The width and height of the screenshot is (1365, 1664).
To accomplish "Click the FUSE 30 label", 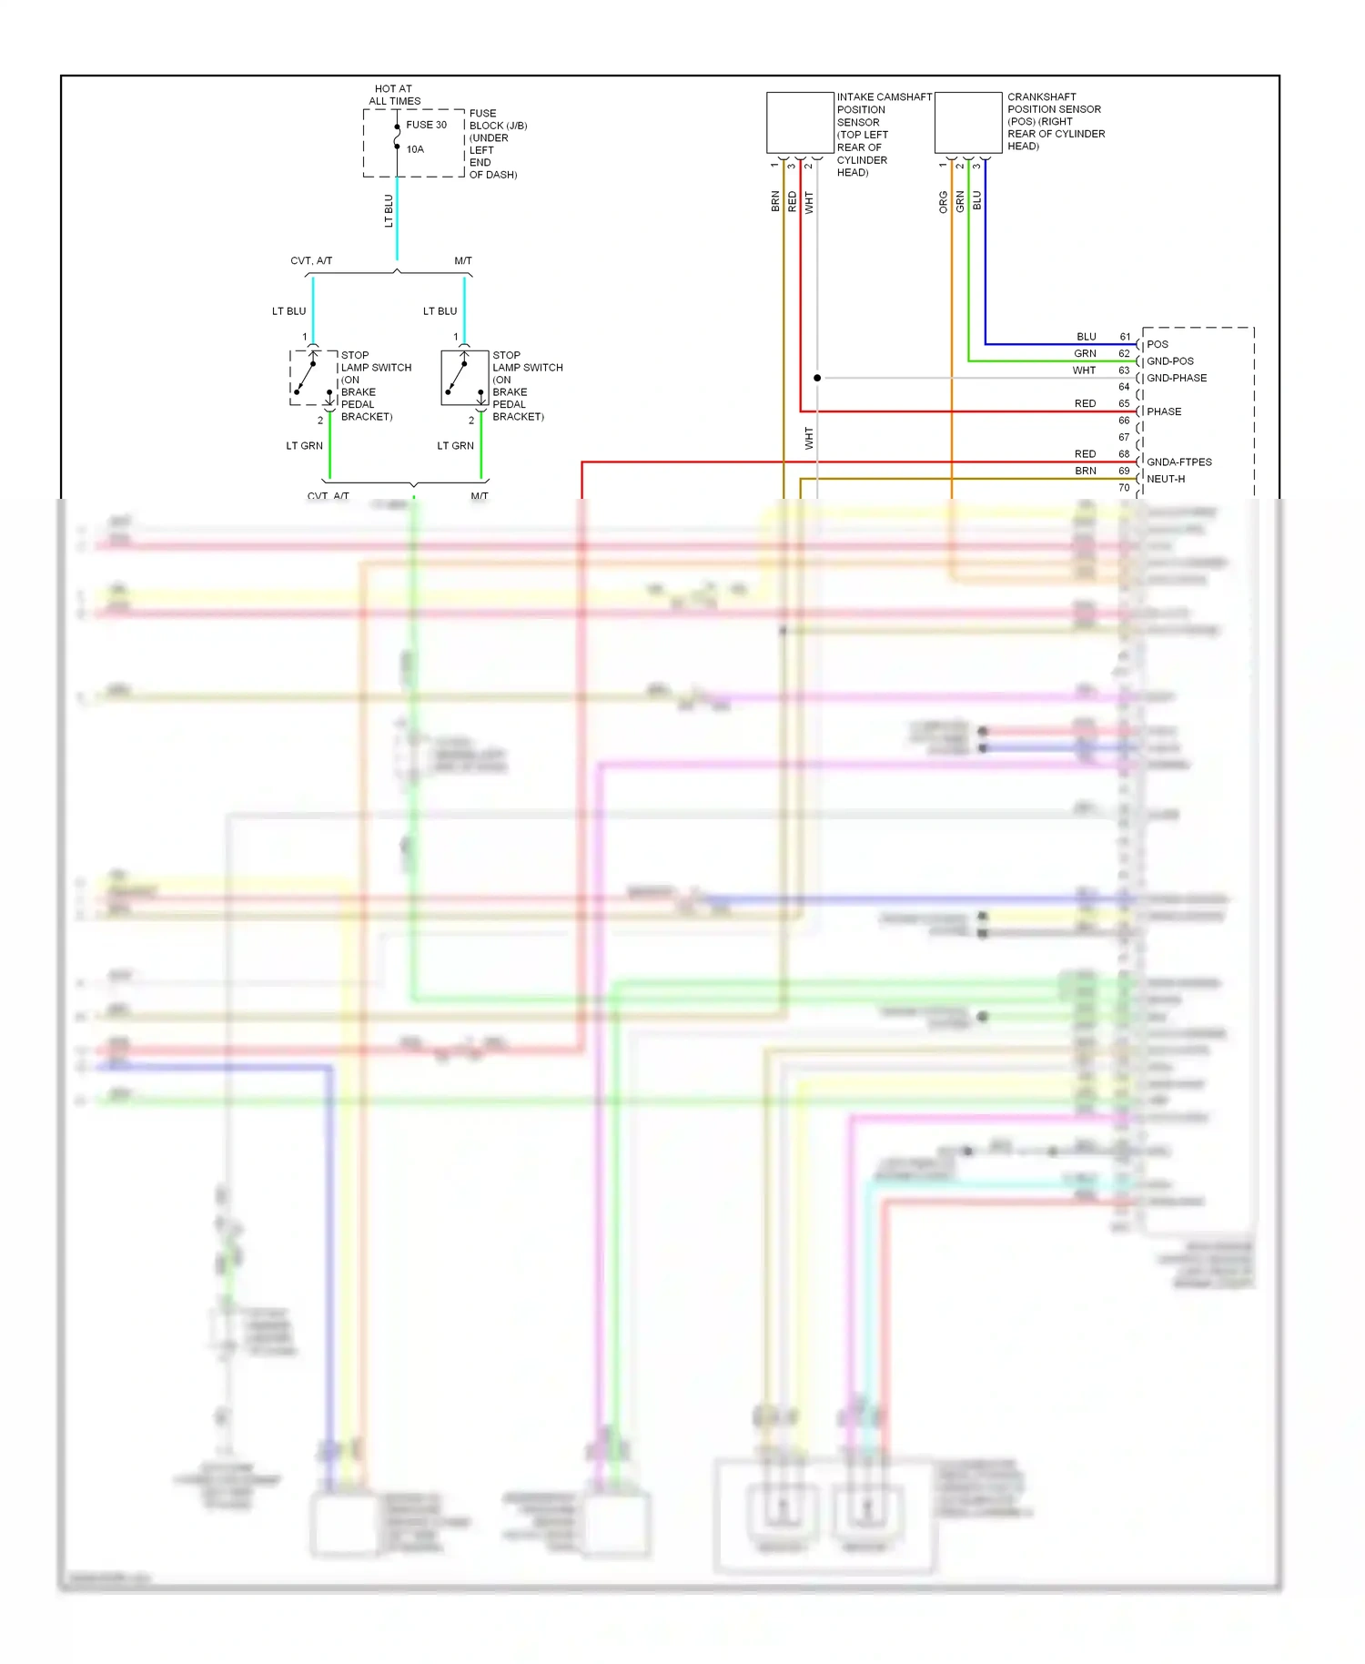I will [x=426, y=125].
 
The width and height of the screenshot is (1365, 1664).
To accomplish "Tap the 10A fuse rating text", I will [x=415, y=149].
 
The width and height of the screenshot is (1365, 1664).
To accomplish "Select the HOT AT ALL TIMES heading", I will [x=394, y=95].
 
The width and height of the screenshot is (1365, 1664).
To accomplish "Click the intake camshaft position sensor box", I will [x=800, y=123].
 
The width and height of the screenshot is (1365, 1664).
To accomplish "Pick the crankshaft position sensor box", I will [x=968, y=123].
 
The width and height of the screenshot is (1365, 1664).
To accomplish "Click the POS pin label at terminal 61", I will [x=1158, y=344].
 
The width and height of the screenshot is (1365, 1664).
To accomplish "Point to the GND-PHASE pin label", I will [x=1177, y=378].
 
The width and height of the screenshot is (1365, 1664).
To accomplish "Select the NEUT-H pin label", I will [x=1166, y=479].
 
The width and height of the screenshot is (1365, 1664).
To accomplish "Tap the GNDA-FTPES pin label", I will [x=1178, y=462].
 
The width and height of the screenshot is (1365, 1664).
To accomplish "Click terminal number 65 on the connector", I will [x=1124, y=403].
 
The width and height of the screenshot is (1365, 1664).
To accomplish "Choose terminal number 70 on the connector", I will [x=1124, y=488].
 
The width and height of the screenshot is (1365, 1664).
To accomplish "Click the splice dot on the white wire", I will [x=817, y=378].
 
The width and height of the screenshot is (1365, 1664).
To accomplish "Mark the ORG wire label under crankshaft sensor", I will [x=944, y=202].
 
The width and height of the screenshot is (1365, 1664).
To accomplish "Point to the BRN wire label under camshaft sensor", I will [x=775, y=201].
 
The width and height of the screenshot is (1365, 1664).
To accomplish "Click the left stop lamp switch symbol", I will [x=314, y=378].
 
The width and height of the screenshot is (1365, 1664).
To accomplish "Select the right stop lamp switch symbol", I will [x=465, y=378].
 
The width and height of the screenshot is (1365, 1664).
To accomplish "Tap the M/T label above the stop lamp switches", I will [x=463, y=261].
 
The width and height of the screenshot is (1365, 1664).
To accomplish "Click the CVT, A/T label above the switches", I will [x=311, y=261].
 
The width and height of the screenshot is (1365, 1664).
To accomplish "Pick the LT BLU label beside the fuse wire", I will [x=389, y=210].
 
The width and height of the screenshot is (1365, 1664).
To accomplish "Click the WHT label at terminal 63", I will [x=1084, y=370].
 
